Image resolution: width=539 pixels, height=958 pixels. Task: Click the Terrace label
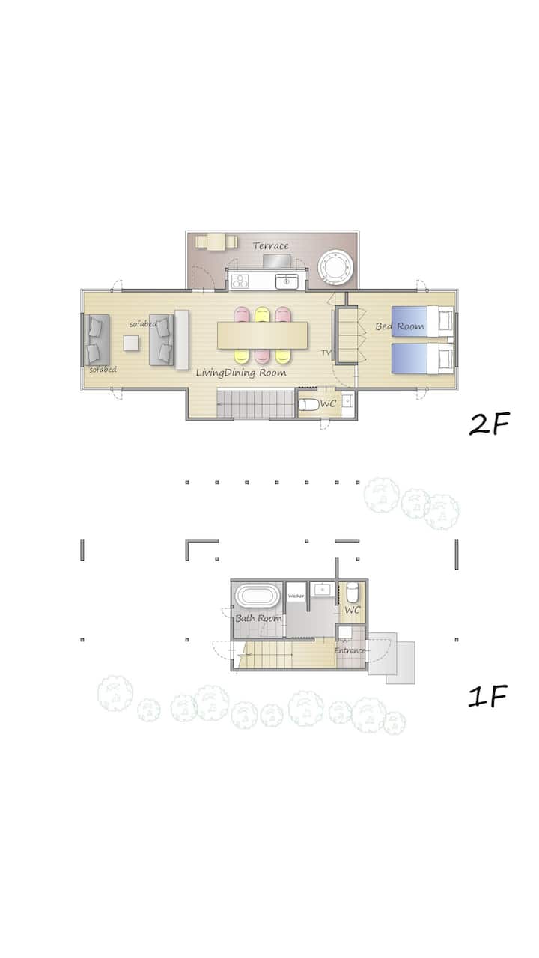tap(270, 246)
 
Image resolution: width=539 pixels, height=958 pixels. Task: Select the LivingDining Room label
tap(241, 373)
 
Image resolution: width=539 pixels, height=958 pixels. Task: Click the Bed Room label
tap(400, 326)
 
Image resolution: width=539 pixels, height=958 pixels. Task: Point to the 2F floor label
tap(490, 424)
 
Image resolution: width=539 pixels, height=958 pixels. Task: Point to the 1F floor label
tap(487, 696)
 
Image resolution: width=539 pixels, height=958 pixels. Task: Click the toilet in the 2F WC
tap(308, 404)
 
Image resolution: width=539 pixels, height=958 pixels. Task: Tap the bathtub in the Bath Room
tap(258, 597)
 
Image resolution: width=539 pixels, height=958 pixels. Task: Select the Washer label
tap(296, 596)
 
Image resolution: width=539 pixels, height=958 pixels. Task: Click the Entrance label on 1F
tap(350, 650)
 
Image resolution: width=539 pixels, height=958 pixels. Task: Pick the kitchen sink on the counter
tap(287, 282)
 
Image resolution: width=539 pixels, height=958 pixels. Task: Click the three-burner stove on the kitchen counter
tap(240, 281)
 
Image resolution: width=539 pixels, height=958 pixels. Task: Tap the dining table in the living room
tap(262, 336)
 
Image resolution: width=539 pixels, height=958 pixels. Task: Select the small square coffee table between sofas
tap(131, 343)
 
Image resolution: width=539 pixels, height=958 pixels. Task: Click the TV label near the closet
tap(326, 353)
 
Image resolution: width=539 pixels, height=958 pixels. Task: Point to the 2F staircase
tap(255, 403)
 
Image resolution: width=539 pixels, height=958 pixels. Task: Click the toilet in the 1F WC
tap(352, 591)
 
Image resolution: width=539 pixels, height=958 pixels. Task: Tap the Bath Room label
tap(258, 618)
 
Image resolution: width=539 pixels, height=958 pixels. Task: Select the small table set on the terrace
tap(216, 242)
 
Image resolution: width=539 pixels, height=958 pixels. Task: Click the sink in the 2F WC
tap(348, 401)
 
